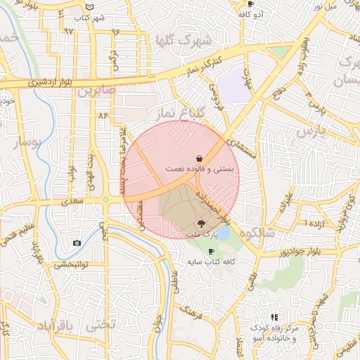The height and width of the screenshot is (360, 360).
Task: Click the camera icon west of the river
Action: pos(76,243)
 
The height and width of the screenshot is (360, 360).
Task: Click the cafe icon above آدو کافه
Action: pos(250,4)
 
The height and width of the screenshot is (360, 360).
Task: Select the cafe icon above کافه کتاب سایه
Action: pos(211,251)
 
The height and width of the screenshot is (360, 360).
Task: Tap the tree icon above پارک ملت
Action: pos(204,223)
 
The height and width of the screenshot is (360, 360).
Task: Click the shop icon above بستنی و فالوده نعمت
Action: pos(201,159)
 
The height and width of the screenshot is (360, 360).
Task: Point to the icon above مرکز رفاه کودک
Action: pos(274,318)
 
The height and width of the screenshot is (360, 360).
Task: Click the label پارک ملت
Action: pos(203,233)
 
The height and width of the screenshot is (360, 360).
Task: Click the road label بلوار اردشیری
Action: pos(35,82)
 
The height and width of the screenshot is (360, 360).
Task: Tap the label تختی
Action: pos(98,327)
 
